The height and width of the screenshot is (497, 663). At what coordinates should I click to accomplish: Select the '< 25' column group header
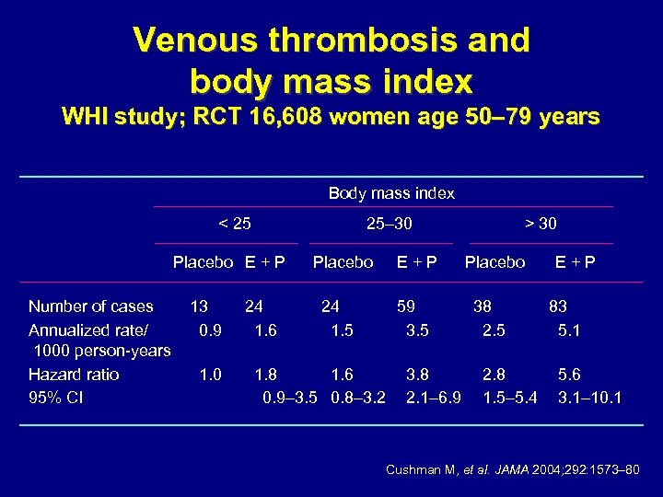[x=234, y=223]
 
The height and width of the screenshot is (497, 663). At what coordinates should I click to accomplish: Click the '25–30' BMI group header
[x=389, y=223]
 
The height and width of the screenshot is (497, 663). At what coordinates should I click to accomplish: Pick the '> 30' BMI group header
[x=541, y=223]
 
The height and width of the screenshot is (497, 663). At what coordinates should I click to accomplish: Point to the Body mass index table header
[x=391, y=193]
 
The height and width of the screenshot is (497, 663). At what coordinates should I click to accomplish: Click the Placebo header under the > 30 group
[x=494, y=262]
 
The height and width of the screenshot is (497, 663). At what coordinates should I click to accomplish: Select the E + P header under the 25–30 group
[x=417, y=262]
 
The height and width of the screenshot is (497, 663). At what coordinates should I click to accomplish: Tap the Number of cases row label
[x=91, y=306]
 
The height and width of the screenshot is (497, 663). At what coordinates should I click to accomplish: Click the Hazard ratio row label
[x=74, y=375]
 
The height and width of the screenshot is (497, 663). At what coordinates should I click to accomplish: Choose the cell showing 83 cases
[x=557, y=306]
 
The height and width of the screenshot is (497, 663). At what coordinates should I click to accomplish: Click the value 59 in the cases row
[x=405, y=306]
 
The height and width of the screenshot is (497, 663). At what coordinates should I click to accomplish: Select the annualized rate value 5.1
[x=569, y=329]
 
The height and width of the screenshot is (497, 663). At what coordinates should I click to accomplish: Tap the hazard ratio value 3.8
[x=418, y=375]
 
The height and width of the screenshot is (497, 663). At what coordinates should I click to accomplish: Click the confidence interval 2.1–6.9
[x=433, y=398]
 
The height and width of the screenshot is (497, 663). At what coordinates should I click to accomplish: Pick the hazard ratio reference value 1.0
[x=210, y=375]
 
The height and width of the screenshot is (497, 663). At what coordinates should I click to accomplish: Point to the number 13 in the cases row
[x=198, y=306]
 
